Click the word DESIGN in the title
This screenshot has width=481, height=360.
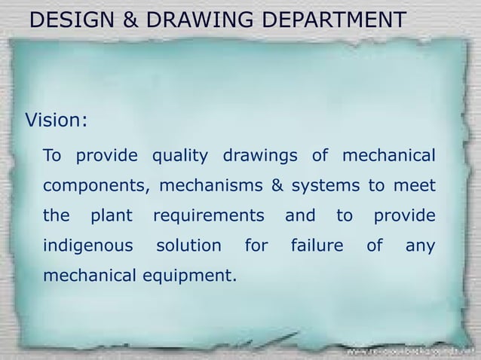(72, 20)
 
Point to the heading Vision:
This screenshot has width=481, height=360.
(57, 120)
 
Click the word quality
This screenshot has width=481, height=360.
(180, 157)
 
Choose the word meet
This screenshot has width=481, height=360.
(417, 185)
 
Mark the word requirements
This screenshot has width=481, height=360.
(209, 216)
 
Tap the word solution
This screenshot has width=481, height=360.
(188, 246)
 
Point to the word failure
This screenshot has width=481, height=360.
(317, 246)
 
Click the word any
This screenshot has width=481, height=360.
(420, 246)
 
